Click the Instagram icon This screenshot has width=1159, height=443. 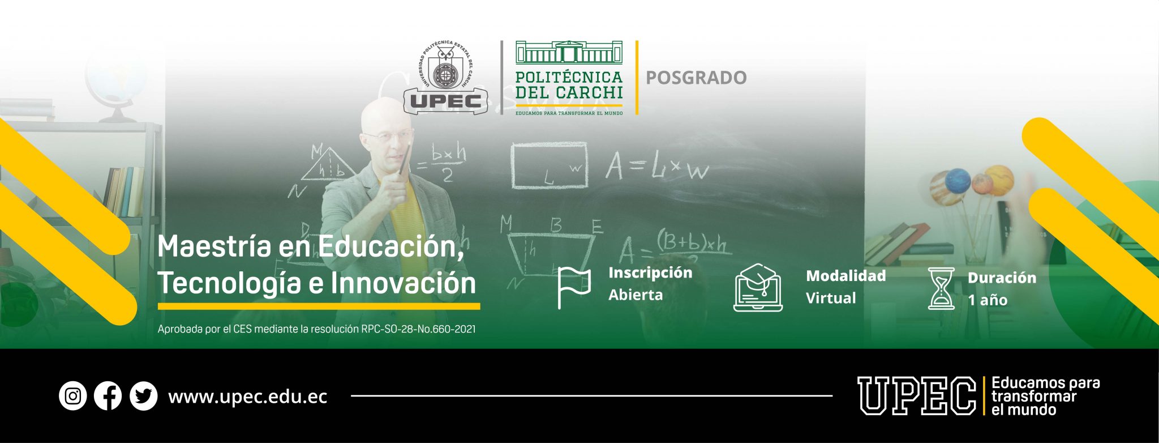click(x=72, y=396)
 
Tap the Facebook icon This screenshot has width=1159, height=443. click(x=108, y=396)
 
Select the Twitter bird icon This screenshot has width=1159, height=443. click(x=143, y=396)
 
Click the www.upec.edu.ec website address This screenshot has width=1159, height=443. click(x=248, y=397)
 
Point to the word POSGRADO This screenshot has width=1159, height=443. click(x=696, y=78)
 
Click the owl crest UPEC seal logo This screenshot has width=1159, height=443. click(x=446, y=77)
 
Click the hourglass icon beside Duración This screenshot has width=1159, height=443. click(x=941, y=288)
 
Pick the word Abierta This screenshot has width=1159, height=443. click(x=635, y=295)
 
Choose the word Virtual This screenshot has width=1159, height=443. click(x=830, y=298)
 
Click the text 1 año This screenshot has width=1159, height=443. click(x=987, y=300)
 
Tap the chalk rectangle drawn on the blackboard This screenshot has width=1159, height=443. click(x=549, y=165)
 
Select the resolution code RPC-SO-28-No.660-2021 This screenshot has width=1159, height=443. click(x=418, y=329)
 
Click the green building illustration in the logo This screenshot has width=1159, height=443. click(x=569, y=52)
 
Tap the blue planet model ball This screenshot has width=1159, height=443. click(x=958, y=180)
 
